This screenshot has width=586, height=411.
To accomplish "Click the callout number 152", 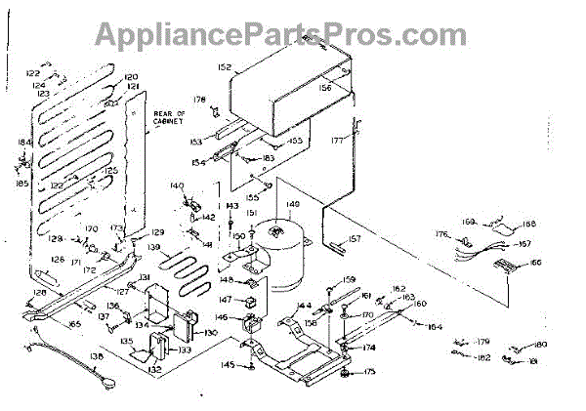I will (x=224, y=67).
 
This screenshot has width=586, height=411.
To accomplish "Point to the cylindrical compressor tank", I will (x=289, y=256).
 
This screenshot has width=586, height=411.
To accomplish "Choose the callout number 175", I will (x=369, y=372).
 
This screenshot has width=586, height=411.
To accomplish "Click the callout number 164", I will (x=435, y=326).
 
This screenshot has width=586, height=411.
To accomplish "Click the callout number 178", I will (x=199, y=99).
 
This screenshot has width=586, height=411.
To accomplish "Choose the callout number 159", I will (x=350, y=280).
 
